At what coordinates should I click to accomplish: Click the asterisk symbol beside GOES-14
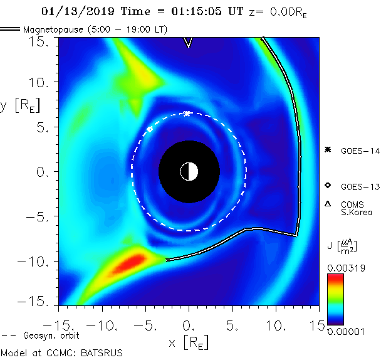327,149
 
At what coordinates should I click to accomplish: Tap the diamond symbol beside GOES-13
327,186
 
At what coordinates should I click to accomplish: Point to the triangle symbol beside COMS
327,204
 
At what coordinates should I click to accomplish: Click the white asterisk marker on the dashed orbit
187,114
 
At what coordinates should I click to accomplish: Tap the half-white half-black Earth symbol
189,171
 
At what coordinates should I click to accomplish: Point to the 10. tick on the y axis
41,82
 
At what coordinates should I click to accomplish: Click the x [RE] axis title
188,342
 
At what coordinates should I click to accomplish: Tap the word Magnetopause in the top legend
53,29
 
